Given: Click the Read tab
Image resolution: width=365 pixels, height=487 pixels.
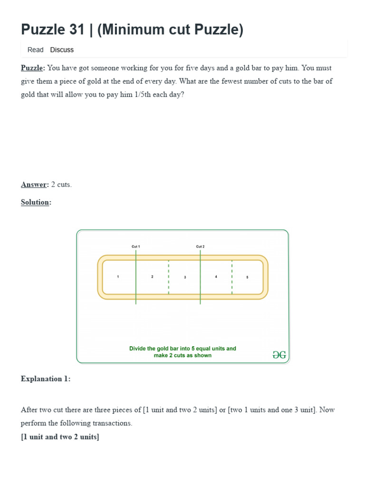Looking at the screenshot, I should click(x=35, y=50).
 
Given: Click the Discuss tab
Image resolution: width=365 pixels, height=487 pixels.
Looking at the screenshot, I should click(x=62, y=50).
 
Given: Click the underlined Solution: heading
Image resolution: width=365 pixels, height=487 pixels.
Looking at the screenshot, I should click(x=36, y=202).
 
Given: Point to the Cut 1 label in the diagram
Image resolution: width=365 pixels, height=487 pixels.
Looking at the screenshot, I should click(x=136, y=246).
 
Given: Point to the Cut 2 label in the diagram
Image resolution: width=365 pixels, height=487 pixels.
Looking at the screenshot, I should click(x=200, y=246).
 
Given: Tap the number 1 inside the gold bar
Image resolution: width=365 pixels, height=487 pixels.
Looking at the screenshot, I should click(x=118, y=277).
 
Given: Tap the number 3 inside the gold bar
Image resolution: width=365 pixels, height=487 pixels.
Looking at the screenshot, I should click(x=185, y=277).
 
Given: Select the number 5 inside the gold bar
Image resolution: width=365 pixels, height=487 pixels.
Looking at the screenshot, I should click(x=247, y=277).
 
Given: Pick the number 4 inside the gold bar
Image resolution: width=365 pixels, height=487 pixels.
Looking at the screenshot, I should click(x=216, y=276).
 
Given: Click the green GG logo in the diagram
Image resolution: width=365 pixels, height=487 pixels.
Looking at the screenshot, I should click(x=279, y=355).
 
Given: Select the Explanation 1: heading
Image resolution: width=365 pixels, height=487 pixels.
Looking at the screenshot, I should click(x=46, y=379).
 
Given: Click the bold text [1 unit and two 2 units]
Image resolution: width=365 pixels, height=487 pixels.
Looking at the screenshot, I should click(x=60, y=437).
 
